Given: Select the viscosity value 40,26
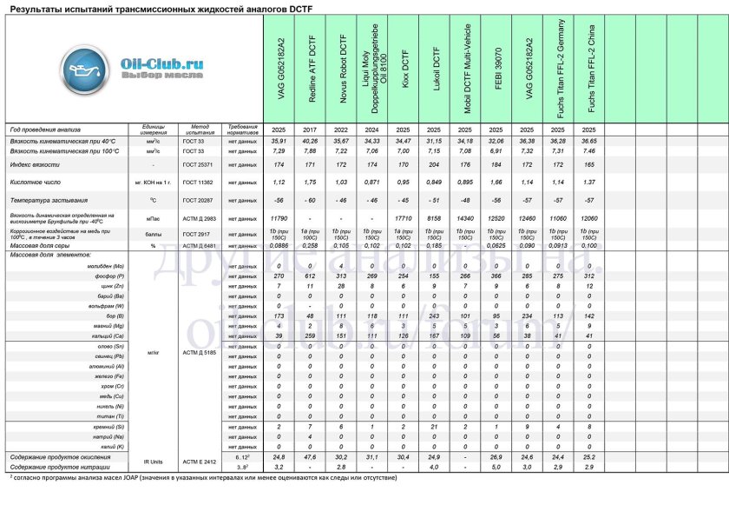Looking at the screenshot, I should click(x=312, y=141).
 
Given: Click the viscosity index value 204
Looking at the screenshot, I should click(x=437, y=164).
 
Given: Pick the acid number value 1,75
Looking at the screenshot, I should click(x=312, y=183).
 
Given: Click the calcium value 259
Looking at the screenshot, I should click(x=312, y=335).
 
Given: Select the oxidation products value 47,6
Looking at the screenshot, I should click(x=312, y=456).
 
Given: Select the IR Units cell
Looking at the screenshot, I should click(x=153, y=461).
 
